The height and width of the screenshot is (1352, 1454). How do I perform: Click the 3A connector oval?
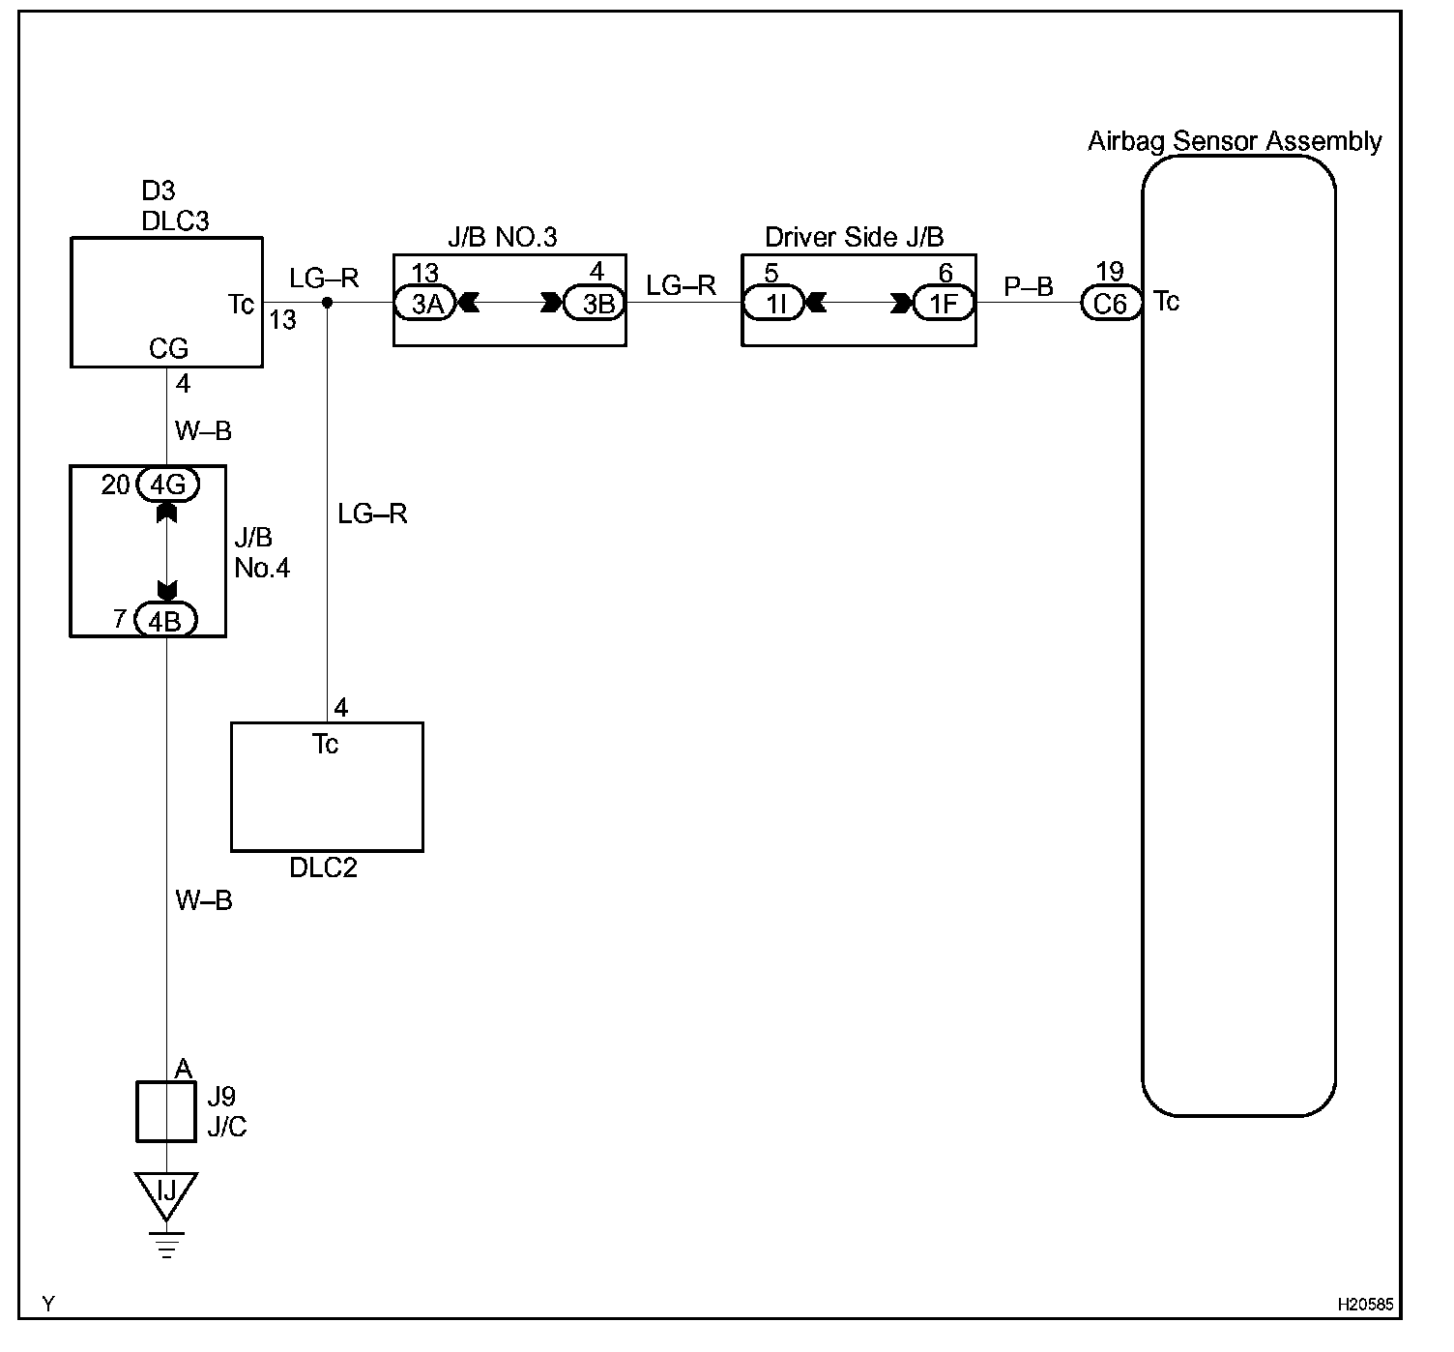pos(425,304)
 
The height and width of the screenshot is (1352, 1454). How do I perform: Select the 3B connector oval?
pos(595,304)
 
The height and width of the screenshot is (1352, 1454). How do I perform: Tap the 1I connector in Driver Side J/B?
pos(773,304)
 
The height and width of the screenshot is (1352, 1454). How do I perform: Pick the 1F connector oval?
pos(945,304)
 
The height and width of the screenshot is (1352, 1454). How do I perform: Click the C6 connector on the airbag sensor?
pos(1112,304)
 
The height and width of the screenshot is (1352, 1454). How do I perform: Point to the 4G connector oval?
pos(167,485)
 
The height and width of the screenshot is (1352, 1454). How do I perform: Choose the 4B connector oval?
pos(166,620)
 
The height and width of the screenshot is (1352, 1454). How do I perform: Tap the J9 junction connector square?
pos(166,1112)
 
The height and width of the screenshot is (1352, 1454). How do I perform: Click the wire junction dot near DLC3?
pos(328,303)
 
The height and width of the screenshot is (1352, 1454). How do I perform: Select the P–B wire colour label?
pos(1028,286)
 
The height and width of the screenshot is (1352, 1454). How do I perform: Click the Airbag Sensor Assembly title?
pos(1235,140)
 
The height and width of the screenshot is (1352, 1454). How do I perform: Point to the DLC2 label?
pos(323,867)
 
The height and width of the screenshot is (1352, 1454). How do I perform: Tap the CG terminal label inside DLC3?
pos(168,348)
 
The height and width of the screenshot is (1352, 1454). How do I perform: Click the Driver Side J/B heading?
pos(855,237)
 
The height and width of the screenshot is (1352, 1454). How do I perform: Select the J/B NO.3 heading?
pos(503,237)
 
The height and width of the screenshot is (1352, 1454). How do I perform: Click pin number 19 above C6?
pos(1110,271)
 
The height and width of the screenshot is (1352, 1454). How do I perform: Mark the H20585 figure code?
pos(1365,1304)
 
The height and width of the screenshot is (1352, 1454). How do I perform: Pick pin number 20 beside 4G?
pos(116,485)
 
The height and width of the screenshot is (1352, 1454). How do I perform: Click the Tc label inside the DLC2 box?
pos(326,744)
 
